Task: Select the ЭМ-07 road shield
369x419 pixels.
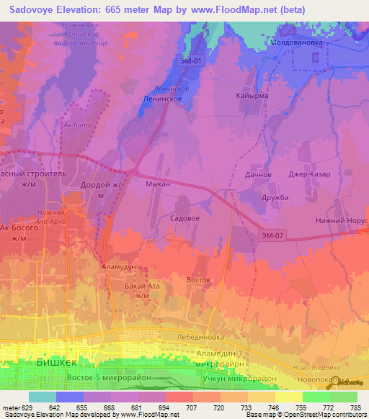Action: pos(273,234)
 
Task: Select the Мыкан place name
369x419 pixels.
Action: pos(158,184)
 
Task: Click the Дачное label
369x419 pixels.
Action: pos(258,175)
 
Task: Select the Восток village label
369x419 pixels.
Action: pos(198,279)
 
